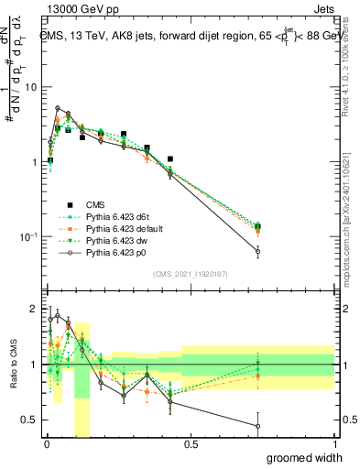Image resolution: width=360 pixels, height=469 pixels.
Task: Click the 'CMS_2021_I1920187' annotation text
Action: point(189,274)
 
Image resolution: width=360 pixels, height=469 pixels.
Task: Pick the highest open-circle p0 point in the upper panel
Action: point(58,108)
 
